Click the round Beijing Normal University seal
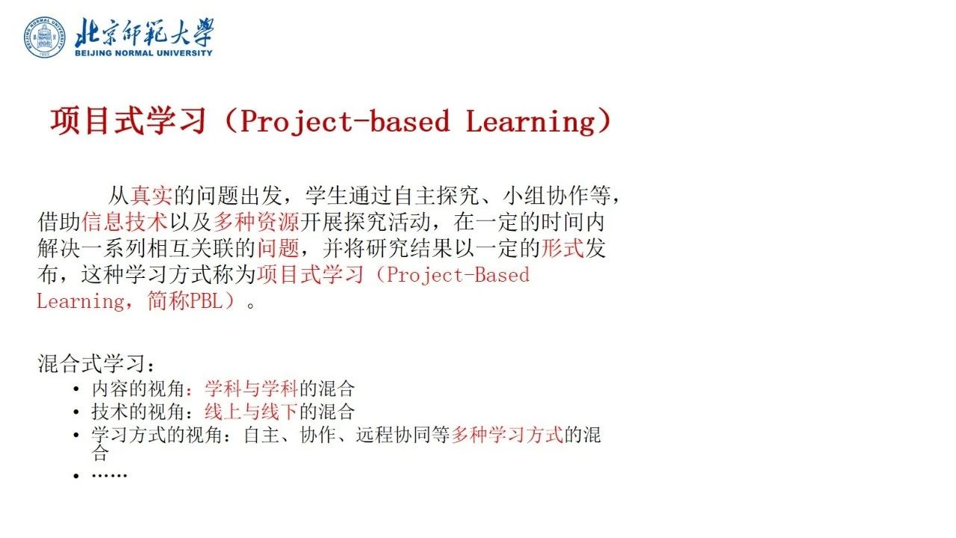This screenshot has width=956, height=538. click(x=45, y=37)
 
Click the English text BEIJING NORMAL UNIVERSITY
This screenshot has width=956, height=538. click(x=143, y=53)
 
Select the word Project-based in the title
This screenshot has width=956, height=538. click(x=345, y=121)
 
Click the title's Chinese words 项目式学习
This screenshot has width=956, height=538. click(x=128, y=121)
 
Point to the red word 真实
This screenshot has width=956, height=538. click(x=152, y=196)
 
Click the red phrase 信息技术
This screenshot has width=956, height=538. click(x=125, y=222)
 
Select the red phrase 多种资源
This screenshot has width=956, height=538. click(x=256, y=222)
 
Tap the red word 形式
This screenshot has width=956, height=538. click(x=562, y=248)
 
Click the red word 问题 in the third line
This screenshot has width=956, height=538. click(x=279, y=248)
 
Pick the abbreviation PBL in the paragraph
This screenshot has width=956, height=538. click(x=206, y=301)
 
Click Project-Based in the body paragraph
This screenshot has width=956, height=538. click(x=458, y=274)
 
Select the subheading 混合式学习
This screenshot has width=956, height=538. click(x=91, y=364)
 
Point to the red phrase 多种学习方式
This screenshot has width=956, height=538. click(x=507, y=435)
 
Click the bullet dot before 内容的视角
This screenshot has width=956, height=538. click(x=76, y=389)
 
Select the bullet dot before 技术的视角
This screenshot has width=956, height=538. click(x=76, y=412)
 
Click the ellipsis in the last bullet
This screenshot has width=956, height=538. click(x=109, y=475)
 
